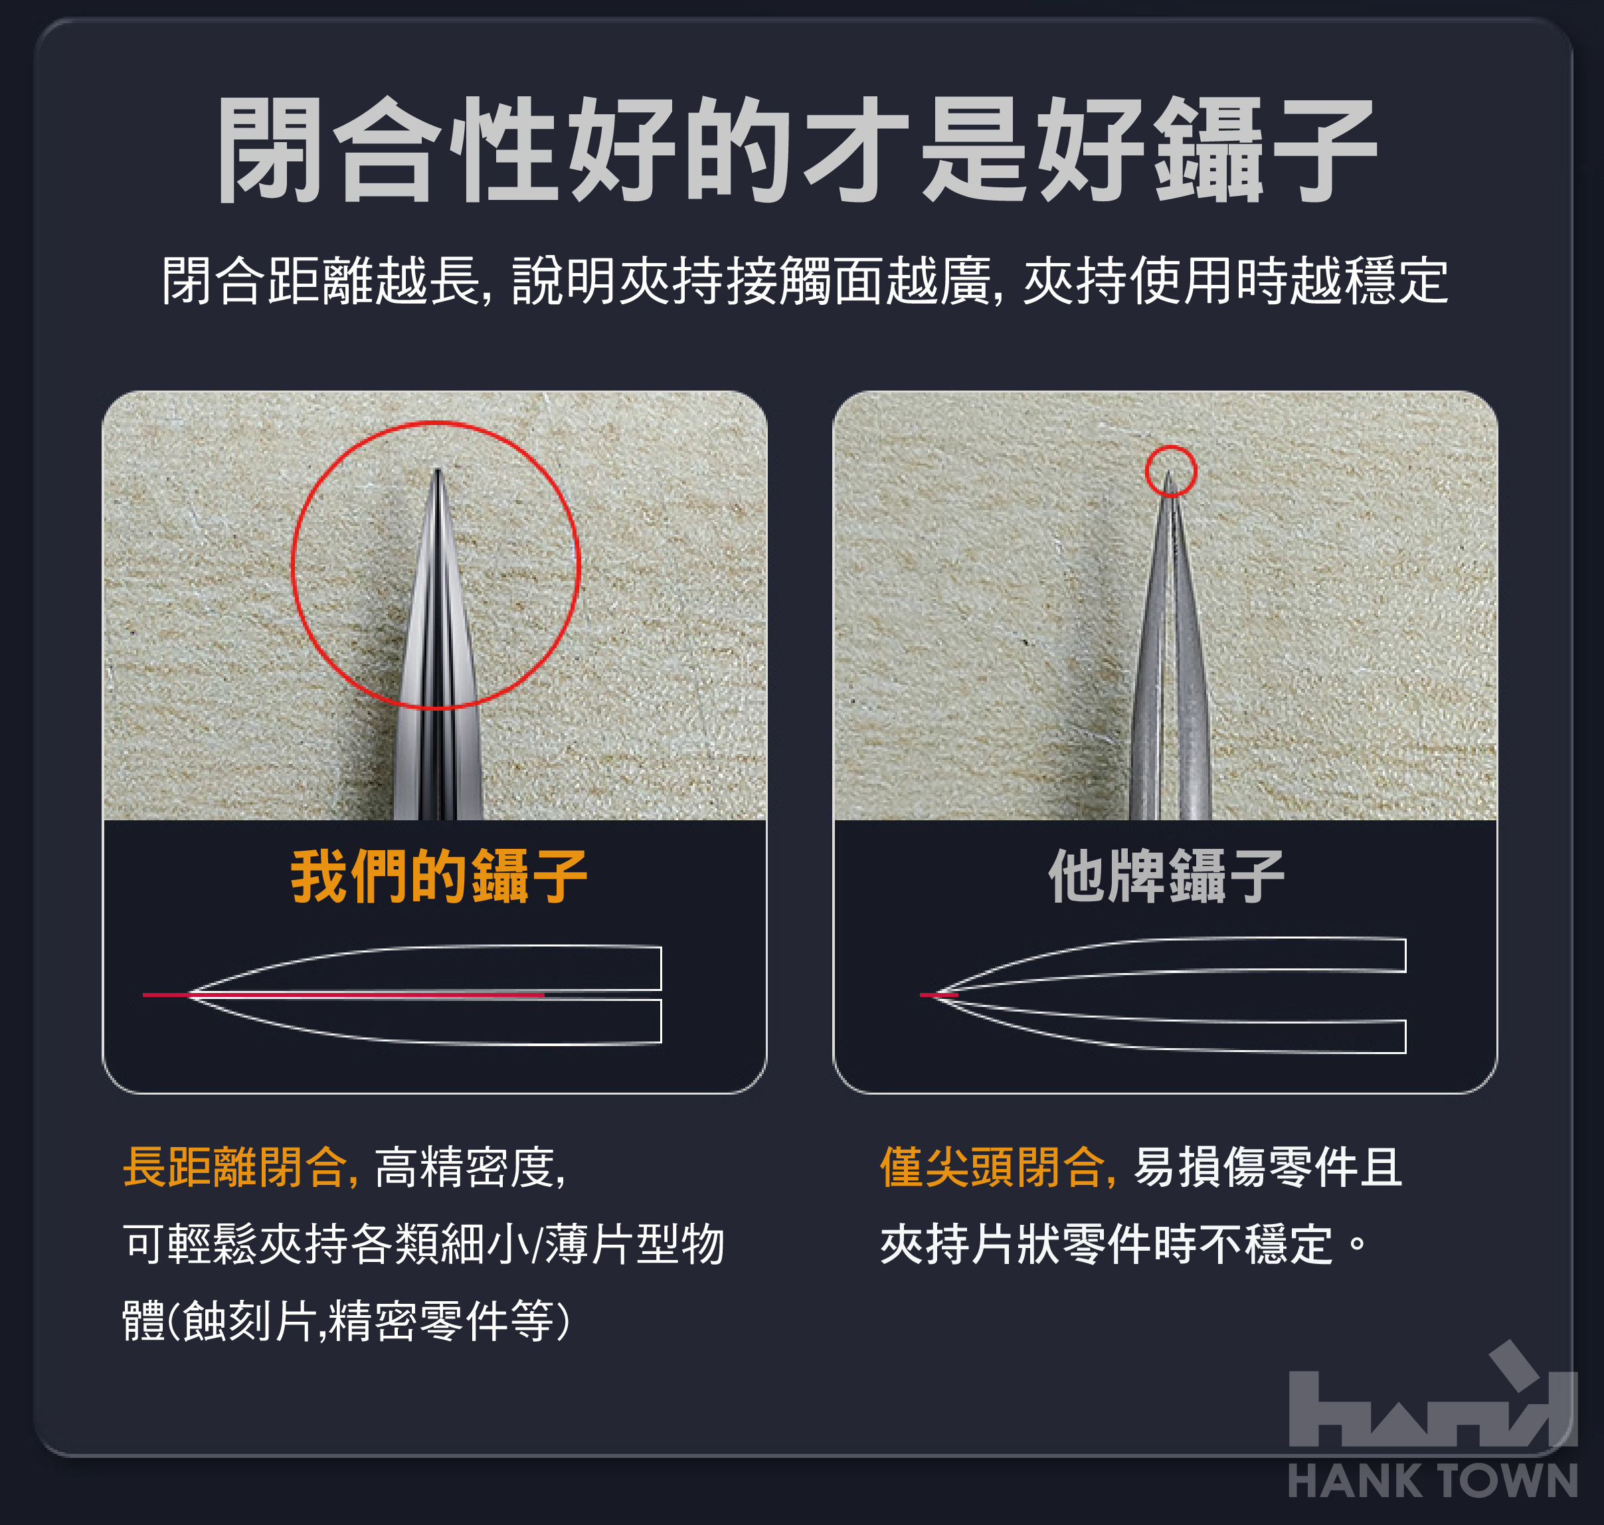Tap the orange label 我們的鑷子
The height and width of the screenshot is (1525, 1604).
point(439,876)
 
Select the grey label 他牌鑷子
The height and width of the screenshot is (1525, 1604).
point(1166,876)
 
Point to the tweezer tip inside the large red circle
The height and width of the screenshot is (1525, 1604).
point(438,472)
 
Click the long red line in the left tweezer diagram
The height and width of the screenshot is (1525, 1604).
point(343,994)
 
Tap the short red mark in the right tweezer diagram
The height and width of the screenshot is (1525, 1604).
point(939,994)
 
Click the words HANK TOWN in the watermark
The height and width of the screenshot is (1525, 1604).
point(1433,1480)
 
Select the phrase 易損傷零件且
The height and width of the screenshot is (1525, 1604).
point(1267,1167)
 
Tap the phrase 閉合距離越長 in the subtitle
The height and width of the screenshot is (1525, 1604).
point(320,280)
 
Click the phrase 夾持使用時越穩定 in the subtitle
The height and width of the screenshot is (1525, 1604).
point(1235,280)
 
